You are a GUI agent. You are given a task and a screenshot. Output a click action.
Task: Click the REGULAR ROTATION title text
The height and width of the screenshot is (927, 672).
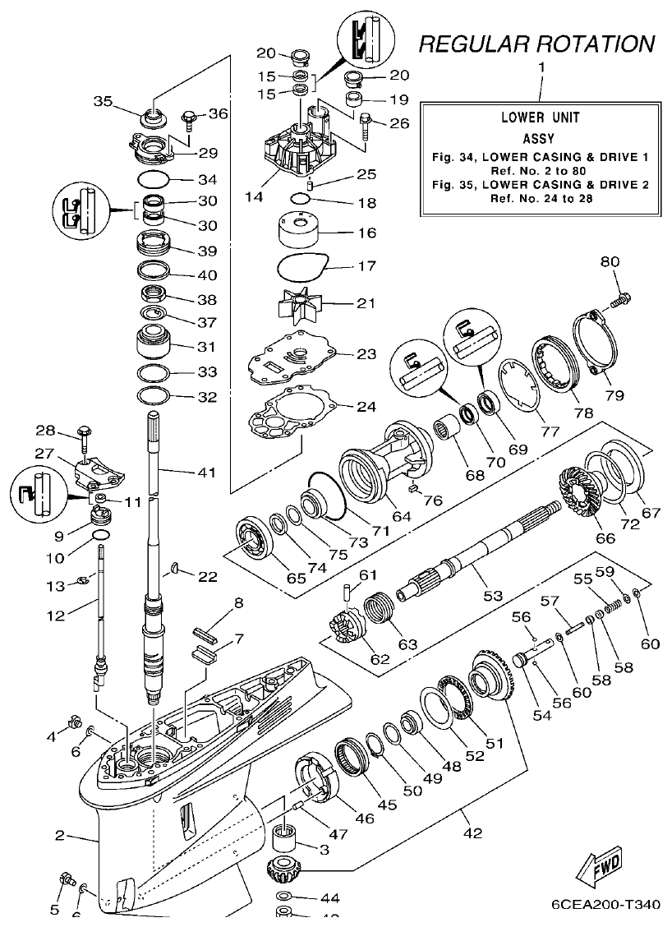tap(536, 44)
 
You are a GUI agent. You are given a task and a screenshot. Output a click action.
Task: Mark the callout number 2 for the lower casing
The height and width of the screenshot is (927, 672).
tap(59, 836)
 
